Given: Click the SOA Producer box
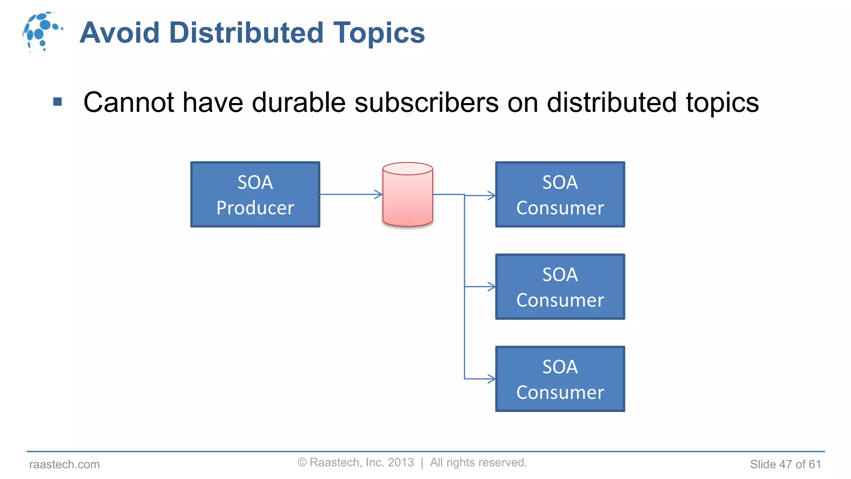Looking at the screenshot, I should pos(255,194).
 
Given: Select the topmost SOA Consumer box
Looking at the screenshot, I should pos(560,194).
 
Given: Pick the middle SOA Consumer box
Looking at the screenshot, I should pos(560,286).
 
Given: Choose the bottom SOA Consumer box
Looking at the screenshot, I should pos(560,379).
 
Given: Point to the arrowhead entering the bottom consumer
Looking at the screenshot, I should pos(492,379).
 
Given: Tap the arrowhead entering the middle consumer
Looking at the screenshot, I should pos(492,286).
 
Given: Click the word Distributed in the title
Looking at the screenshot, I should pos(246,33).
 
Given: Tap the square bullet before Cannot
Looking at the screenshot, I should pos(58,101).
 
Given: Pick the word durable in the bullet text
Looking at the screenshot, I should pos(298,102).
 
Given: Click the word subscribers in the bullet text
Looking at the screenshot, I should pos(426,102).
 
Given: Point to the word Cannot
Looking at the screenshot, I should pos(128,102).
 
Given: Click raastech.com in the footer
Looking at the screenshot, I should pos(64,464).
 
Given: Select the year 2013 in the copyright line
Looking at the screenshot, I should pos(401,462).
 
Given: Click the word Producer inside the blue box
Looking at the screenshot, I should pos(255,207).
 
